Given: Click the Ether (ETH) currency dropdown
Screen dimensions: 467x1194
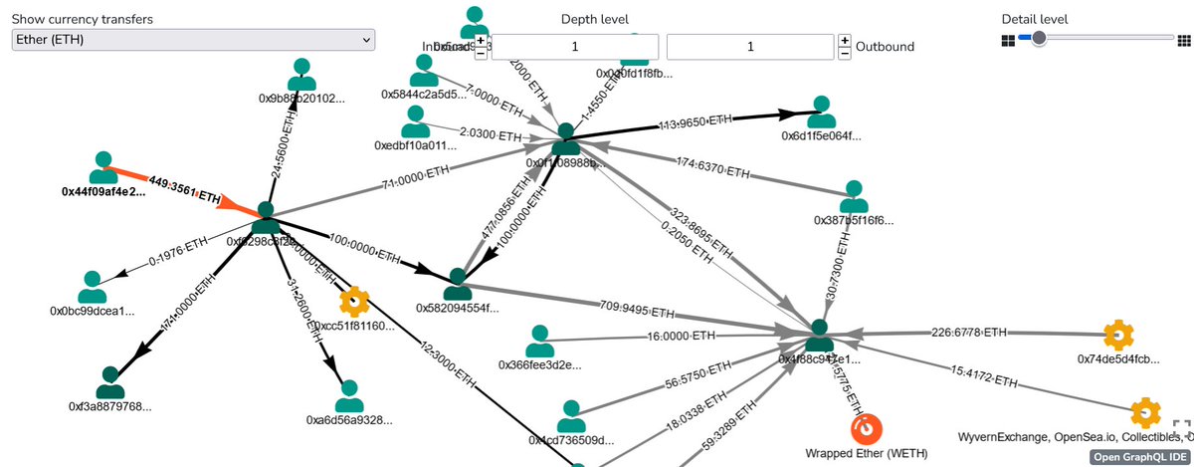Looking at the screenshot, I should pos(193,39).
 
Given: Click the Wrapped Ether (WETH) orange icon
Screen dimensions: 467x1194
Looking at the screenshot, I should pos(867,428).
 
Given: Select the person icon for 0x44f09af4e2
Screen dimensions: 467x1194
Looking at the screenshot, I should pos(103,167).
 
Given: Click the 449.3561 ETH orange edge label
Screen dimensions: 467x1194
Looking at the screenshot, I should pos(184,190).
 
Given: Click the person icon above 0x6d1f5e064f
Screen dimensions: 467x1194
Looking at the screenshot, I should pos(821,113).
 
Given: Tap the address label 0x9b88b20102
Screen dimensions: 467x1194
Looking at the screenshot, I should pos(303,99).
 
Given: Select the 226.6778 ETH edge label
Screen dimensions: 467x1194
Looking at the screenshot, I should pos(969,332).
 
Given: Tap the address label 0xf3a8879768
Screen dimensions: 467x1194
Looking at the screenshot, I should pos(110,406).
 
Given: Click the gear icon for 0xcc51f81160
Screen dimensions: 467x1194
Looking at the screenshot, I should pos(353,301).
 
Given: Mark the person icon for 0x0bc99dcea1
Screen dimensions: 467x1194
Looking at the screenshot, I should pos(92,287).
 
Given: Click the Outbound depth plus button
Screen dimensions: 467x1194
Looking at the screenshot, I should pos(845,40).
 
